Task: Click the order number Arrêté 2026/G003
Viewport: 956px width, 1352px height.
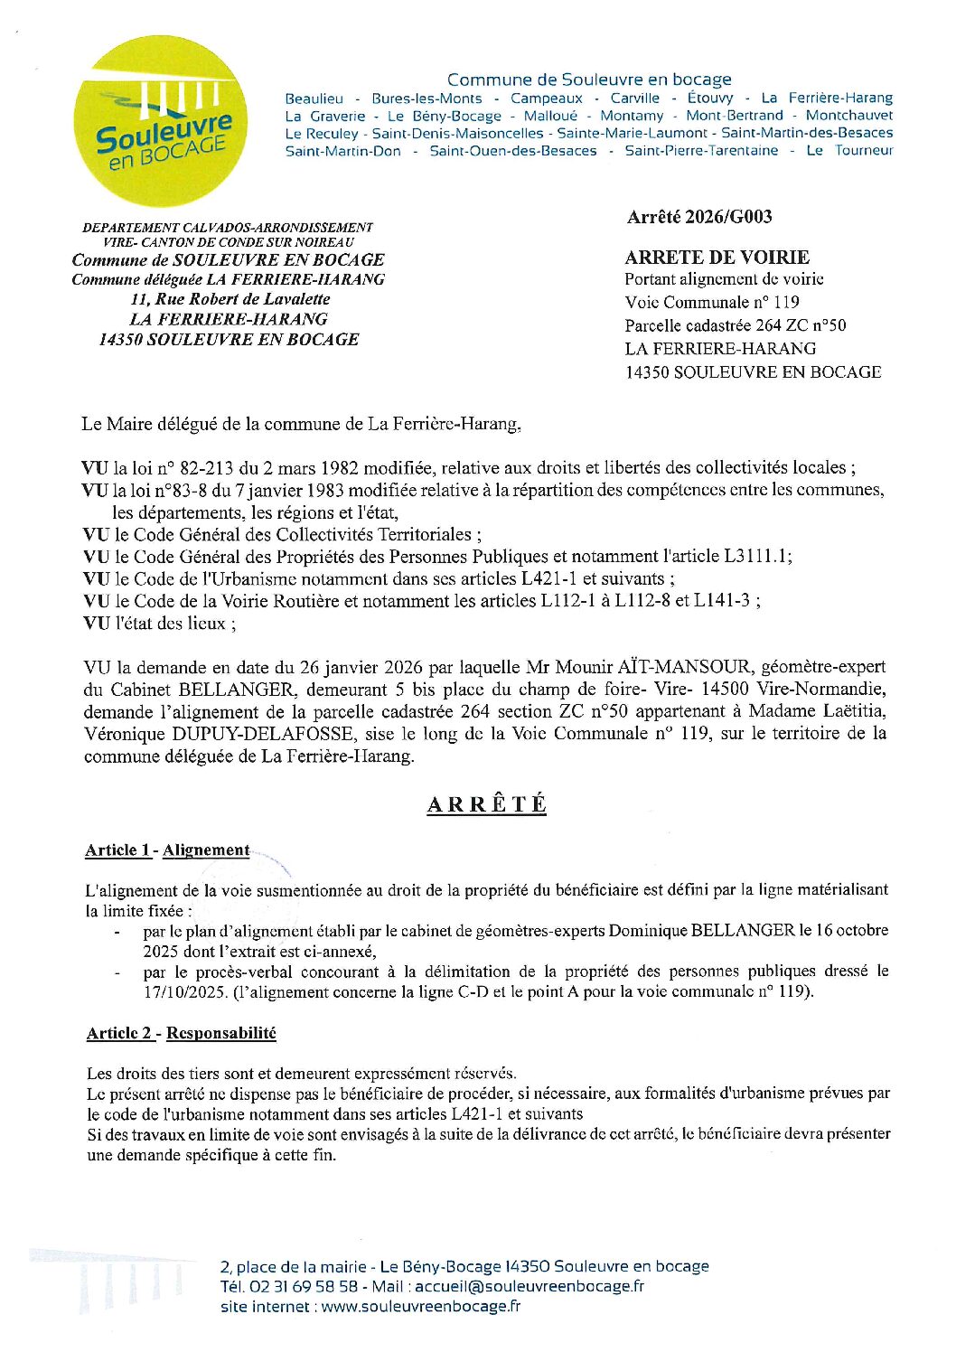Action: pyautogui.click(x=699, y=217)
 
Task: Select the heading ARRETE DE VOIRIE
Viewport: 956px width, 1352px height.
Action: pyautogui.click(x=717, y=258)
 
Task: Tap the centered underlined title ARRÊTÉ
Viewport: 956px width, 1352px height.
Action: pyautogui.click(x=486, y=804)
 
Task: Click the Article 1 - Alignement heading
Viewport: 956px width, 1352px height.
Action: pyautogui.click(x=167, y=850)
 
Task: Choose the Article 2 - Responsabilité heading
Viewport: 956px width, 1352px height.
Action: pyautogui.click(x=182, y=1033)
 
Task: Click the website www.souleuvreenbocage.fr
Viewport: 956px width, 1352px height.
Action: pyautogui.click(x=420, y=1306)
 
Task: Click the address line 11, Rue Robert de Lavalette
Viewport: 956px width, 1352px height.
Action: pyautogui.click(x=230, y=299)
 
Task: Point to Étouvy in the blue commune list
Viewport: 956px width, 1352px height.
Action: pyautogui.click(x=710, y=99)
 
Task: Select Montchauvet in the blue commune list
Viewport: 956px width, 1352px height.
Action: pyautogui.click(x=848, y=116)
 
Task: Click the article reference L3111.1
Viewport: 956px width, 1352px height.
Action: pyautogui.click(x=757, y=557)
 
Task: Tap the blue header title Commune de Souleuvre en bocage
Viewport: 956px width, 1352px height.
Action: pyautogui.click(x=589, y=80)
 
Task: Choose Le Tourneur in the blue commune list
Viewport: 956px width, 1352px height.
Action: pyautogui.click(x=848, y=151)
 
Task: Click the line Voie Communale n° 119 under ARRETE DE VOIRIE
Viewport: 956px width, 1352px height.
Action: pyautogui.click(x=711, y=303)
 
